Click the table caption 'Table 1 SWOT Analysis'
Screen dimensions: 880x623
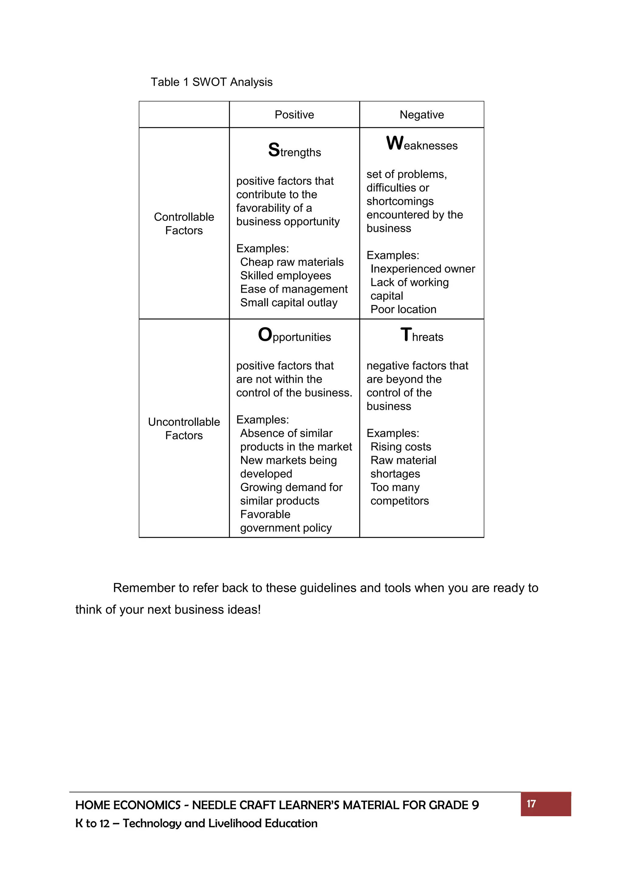pos(211,82)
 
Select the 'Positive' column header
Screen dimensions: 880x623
pos(294,115)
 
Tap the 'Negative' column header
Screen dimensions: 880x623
pos(422,115)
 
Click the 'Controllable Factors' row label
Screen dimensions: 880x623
pos(184,223)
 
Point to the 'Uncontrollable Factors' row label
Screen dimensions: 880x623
pos(184,428)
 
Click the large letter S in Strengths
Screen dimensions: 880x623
pos(274,150)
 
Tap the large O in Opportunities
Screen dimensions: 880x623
pos(265,335)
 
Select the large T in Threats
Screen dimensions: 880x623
pos(406,335)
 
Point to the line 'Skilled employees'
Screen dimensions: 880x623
pos(285,276)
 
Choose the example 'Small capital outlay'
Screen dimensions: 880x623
pos(288,303)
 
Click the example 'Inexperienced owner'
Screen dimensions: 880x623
pos(422,269)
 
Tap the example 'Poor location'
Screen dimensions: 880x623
pos(403,309)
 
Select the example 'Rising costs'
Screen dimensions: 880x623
pos(401,447)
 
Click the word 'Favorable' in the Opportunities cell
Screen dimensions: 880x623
pos(265,514)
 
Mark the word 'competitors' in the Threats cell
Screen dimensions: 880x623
pos(399,501)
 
